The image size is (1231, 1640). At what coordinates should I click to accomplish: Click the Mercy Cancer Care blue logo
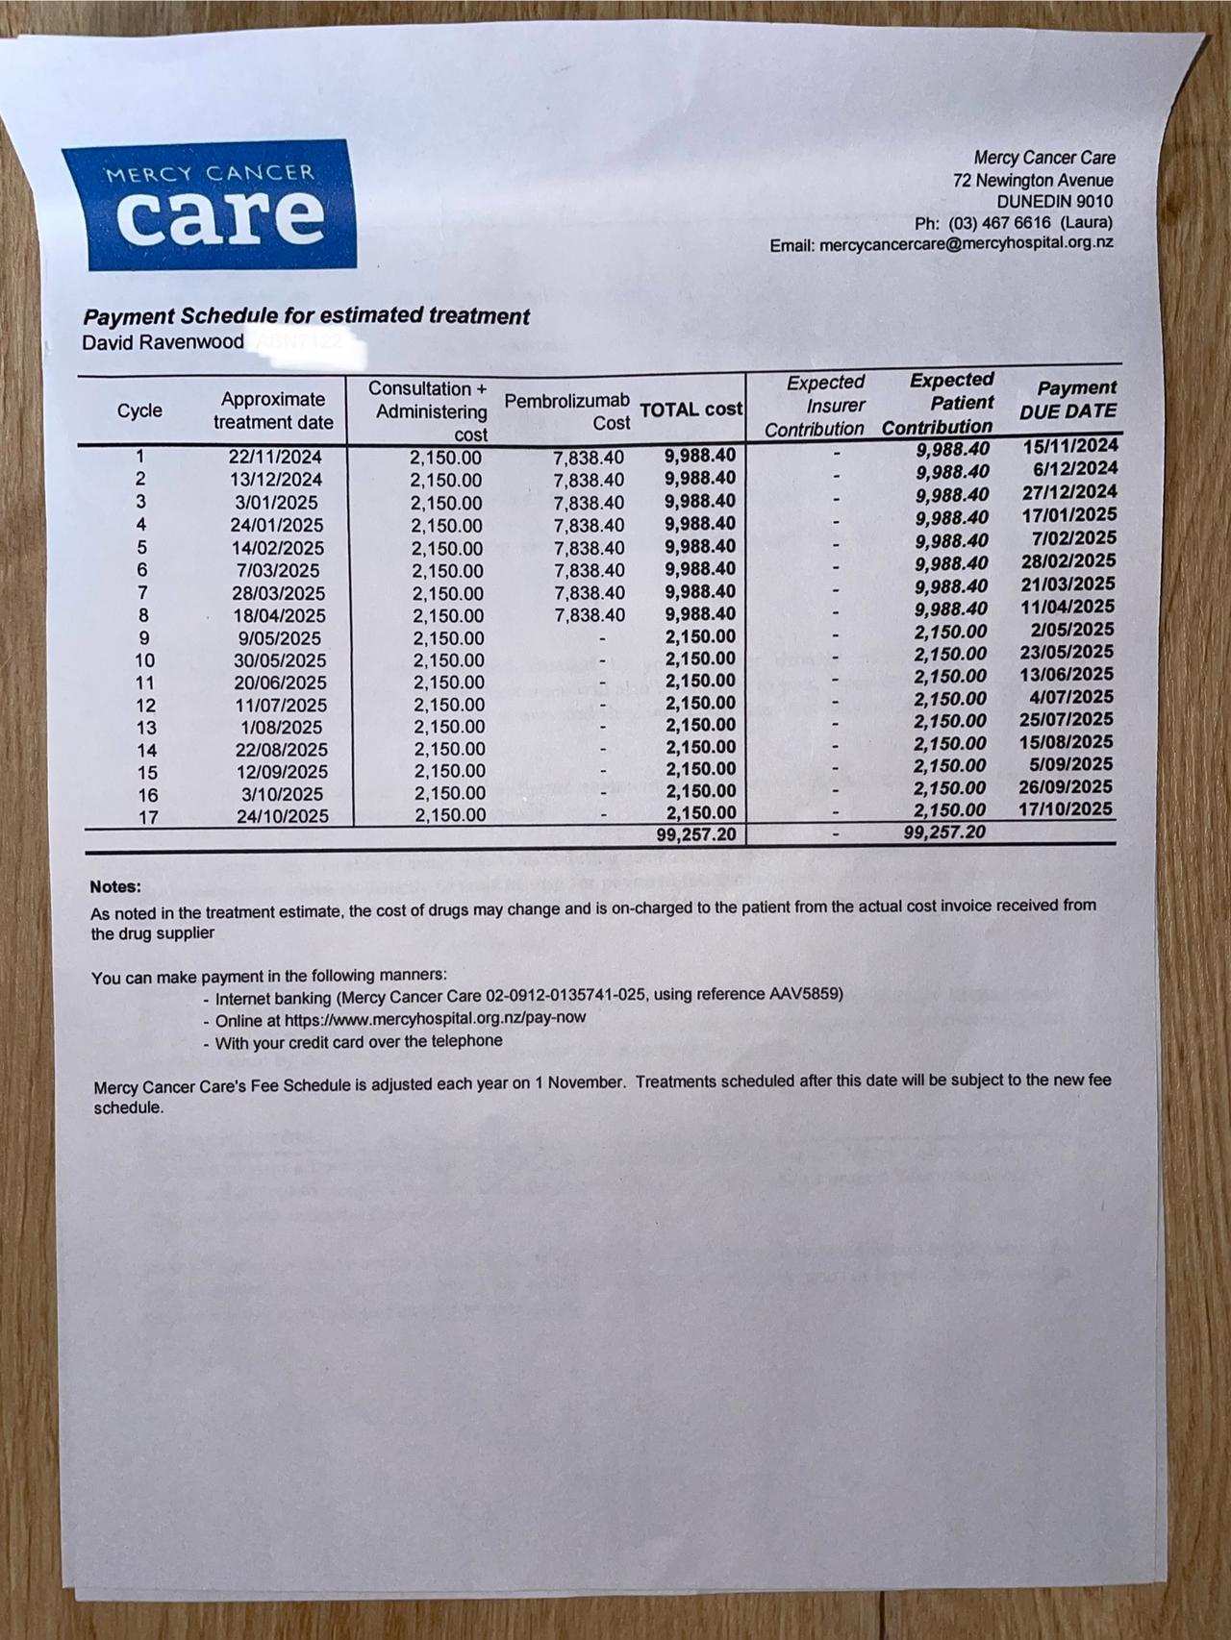coord(208,205)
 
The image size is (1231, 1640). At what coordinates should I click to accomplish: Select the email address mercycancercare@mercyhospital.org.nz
coord(966,244)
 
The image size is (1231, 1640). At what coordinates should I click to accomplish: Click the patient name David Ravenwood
coord(163,342)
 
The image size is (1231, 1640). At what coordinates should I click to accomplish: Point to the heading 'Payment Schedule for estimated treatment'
coord(306,316)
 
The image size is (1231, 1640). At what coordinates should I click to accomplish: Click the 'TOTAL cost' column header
coord(691,410)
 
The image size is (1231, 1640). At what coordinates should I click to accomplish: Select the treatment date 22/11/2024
coord(275,458)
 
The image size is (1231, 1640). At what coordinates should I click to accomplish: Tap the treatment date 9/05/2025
coord(280,638)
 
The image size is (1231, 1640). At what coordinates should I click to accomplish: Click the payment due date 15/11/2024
coord(1070,446)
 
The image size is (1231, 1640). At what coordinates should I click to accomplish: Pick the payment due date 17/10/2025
coord(1066,809)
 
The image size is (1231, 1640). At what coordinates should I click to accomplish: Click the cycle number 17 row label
coord(146,818)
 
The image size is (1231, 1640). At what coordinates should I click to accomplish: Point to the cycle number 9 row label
coord(143,637)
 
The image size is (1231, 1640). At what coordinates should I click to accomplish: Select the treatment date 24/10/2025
coord(283,816)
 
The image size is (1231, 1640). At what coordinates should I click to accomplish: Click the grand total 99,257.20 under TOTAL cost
coord(695,834)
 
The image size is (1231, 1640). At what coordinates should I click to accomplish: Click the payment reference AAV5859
coord(804,993)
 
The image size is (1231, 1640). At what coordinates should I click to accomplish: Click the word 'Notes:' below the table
coord(115,887)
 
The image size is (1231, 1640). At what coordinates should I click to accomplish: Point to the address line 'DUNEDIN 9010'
coord(1054,202)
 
